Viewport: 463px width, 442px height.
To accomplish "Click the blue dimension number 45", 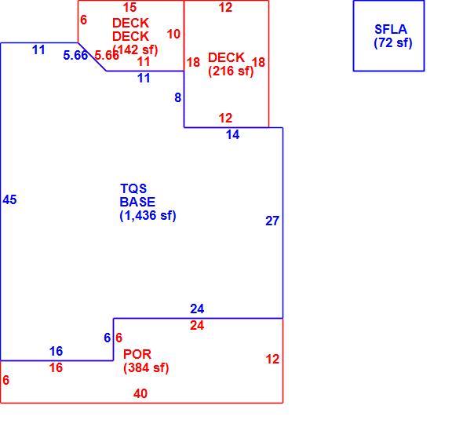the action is tap(9, 199).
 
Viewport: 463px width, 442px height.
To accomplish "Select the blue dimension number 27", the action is tap(272, 221).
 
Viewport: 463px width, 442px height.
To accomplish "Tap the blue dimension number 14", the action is tap(233, 135).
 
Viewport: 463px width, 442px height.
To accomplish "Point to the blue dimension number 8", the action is tap(178, 97).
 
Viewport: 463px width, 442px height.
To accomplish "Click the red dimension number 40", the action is tap(140, 393).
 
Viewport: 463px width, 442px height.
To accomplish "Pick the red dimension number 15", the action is tap(129, 7).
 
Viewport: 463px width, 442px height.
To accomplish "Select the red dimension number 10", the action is tap(173, 34).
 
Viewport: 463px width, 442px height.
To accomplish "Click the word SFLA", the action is tap(391, 29).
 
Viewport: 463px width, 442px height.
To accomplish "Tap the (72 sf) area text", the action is tap(393, 43).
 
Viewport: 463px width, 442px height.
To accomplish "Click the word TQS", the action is tap(133, 188).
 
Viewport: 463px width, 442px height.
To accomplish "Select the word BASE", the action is tap(137, 202).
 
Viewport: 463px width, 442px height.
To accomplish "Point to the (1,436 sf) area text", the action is tap(148, 215).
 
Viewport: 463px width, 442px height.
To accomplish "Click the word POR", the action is tap(137, 354).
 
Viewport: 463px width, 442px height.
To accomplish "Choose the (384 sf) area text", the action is tap(146, 368).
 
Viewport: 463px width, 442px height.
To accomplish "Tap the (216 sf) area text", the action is tap(231, 71).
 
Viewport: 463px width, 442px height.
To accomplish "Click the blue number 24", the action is tap(197, 309).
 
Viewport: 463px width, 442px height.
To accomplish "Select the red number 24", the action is tap(197, 326).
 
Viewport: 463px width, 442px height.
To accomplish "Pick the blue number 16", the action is tap(56, 351).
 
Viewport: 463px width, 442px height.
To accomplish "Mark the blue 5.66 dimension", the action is tap(75, 55).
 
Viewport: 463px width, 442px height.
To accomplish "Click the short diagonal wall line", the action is tap(92, 57).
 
